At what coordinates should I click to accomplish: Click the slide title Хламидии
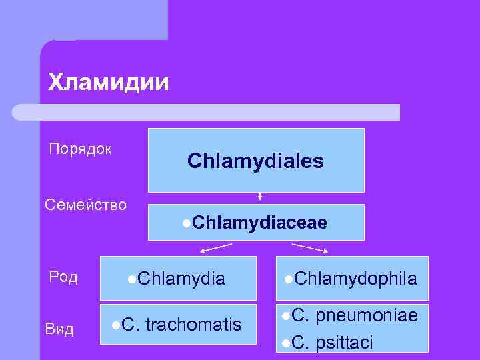pos(109,83)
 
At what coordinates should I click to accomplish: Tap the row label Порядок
pos(80,148)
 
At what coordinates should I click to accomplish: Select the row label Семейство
pos(85,204)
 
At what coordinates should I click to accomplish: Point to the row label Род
pos(63,276)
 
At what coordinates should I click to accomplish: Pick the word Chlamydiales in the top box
pos(255,161)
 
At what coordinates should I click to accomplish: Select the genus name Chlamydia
pos(182,278)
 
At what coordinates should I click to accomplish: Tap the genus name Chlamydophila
pos(355,278)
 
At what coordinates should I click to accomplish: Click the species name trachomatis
pos(193,325)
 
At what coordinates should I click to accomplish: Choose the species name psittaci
pos(345,343)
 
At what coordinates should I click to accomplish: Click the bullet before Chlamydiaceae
pos(185,223)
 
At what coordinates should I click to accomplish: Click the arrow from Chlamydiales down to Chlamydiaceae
pos(260,197)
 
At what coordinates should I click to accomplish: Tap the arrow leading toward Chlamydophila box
pos(310,248)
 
